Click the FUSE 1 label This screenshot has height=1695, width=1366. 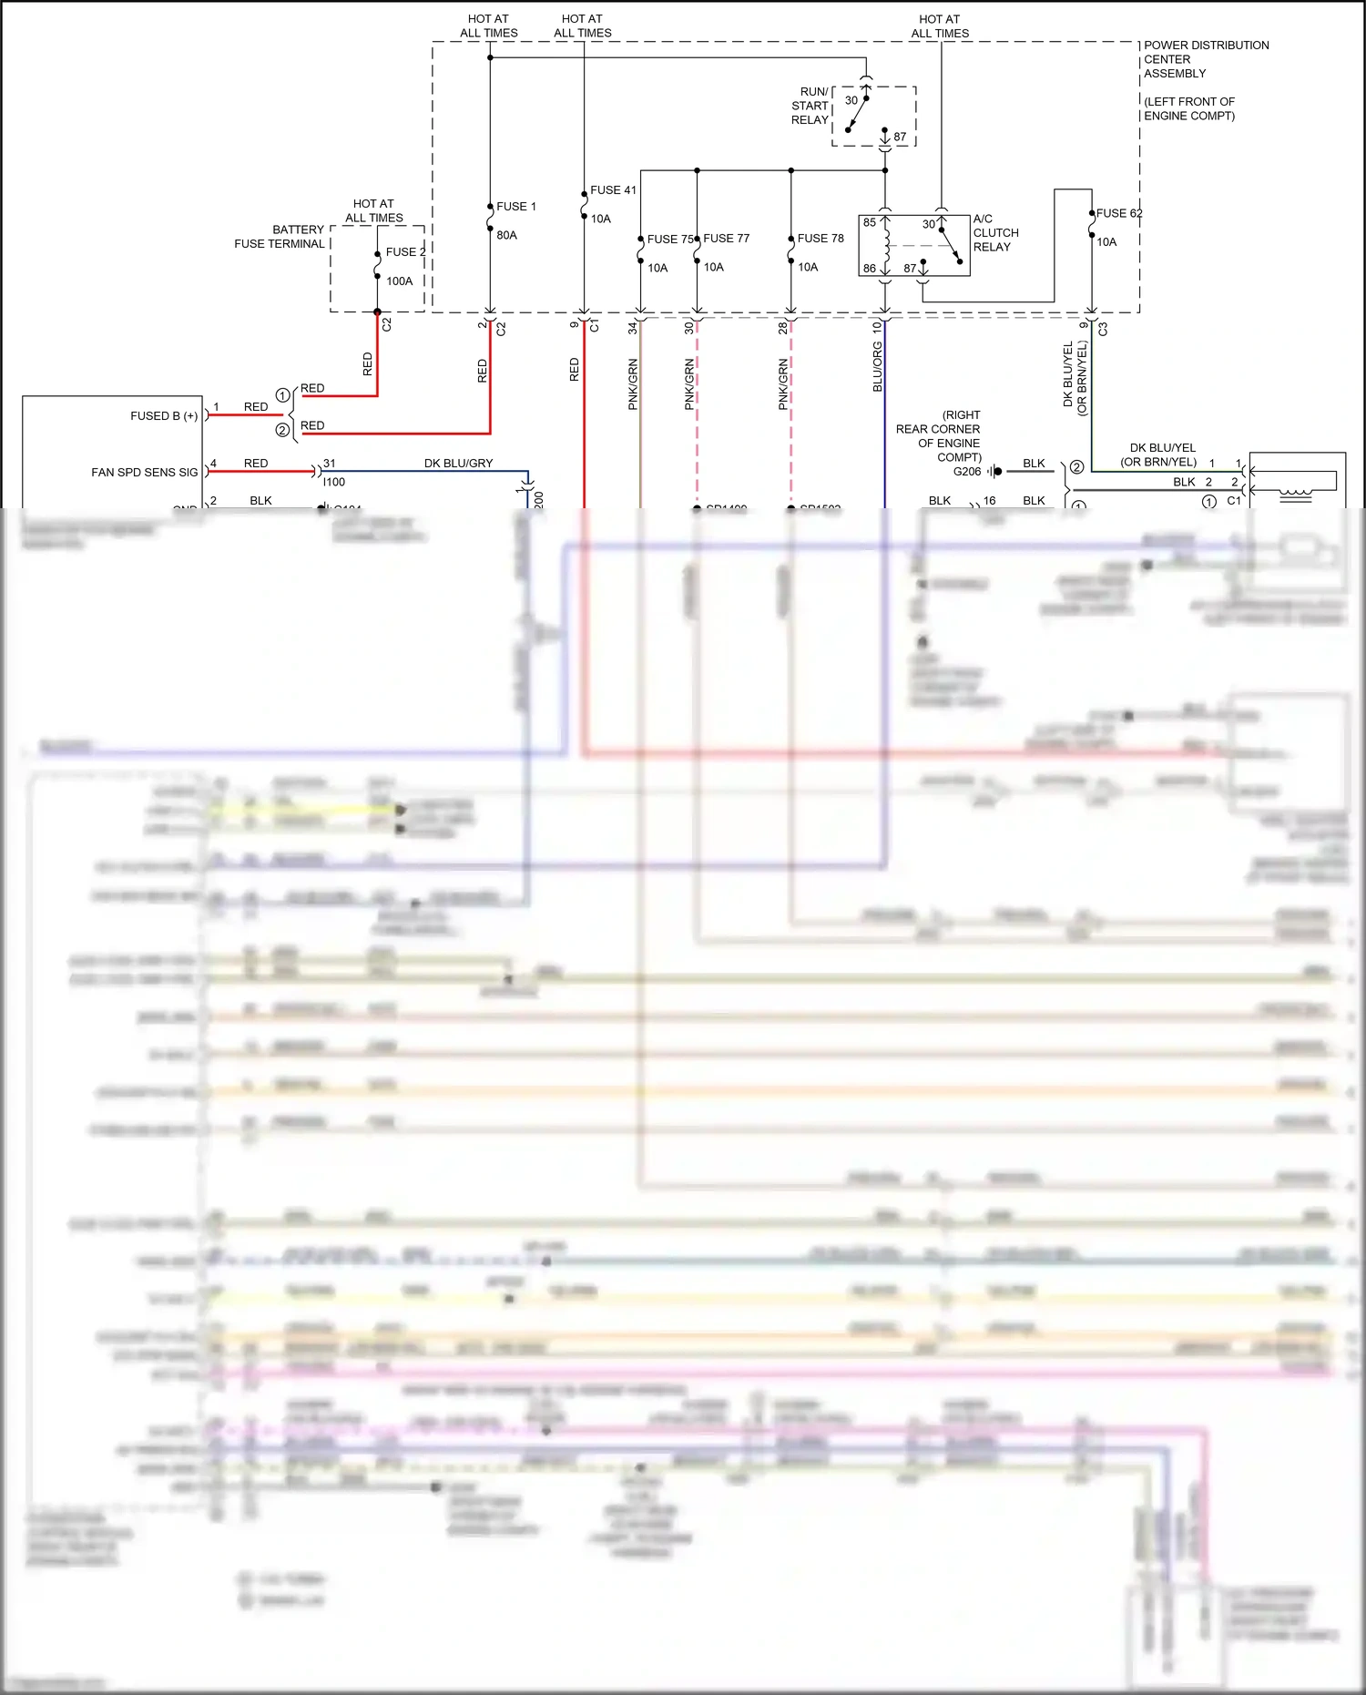(515, 207)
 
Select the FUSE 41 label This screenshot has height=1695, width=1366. (613, 190)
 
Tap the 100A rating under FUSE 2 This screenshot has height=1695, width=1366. (399, 281)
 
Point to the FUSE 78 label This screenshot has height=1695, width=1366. (820, 239)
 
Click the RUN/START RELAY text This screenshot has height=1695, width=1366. (810, 106)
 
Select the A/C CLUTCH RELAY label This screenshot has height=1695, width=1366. (994, 233)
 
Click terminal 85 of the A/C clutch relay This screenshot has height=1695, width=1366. (870, 222)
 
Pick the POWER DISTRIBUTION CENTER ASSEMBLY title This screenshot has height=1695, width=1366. (1205, 59)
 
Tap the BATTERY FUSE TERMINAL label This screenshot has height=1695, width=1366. (280, 237)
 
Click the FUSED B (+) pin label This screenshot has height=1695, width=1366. (164, 416)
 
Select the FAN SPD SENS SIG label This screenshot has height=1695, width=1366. (144, 473)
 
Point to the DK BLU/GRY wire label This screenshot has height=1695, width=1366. (458, 464)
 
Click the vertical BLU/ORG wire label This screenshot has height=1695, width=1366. (877, 367)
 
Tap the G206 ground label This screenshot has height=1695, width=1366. (966, 472)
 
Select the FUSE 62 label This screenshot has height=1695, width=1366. (1117, 213)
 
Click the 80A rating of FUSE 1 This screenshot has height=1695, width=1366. (506, 235)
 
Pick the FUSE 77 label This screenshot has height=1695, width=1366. (726, 239)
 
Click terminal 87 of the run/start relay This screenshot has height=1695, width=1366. (899, 138)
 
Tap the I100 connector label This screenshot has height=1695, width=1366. (334, 482)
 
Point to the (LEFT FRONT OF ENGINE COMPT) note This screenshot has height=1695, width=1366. (1188, 108)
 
